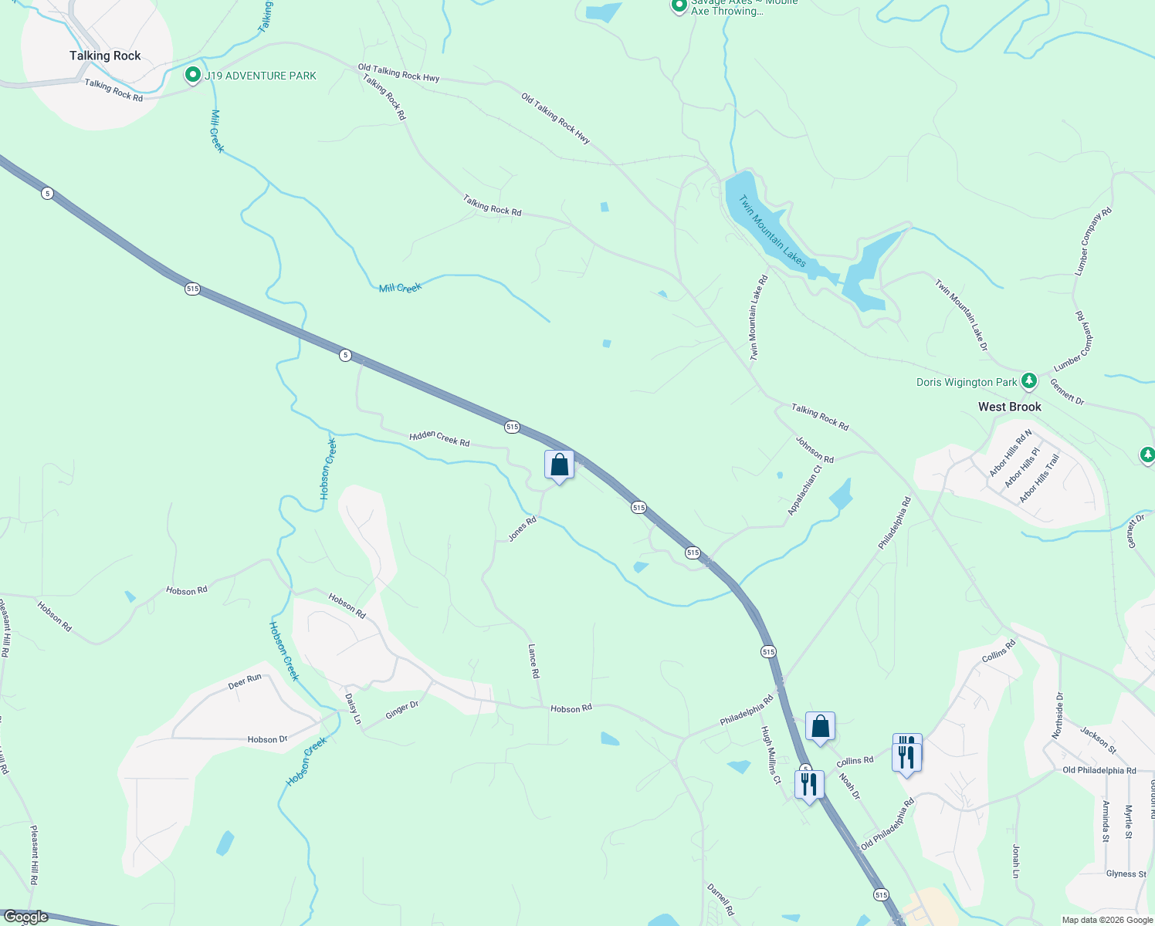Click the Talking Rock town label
coord(105,56)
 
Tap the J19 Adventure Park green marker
coord(192,76)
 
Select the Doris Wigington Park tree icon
coord(1028,381)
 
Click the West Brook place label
coord(1009,407)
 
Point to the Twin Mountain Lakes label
coord(772,231)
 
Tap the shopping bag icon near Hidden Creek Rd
coord(559,465)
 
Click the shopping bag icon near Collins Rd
coord(820,726)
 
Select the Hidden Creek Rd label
coord(439,438)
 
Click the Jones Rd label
coord(522,529)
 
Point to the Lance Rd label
coord(533,661)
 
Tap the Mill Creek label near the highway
coord(400,288)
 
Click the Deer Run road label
coord(245,681)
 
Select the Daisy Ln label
coord(353,708)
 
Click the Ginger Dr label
coord(401,708)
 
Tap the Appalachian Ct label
coord(804,490)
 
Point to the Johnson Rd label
coord(815,449)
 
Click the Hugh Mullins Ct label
coord(771,755)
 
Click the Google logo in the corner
coord(25,917)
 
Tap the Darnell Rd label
coord(720,900)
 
